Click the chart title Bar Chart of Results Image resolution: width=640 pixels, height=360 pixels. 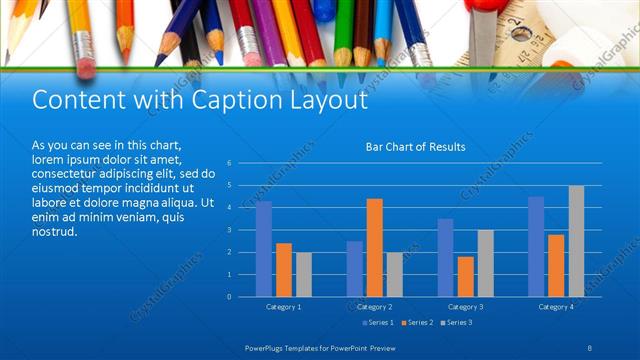tap(415, 147)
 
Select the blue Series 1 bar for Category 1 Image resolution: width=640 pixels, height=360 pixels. tap(264, 249)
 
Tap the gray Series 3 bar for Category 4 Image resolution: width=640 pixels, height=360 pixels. tap(576, 241)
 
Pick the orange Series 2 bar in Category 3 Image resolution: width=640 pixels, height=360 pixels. tap(465, 276)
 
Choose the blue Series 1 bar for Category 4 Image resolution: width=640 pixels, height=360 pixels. tap(536, 246)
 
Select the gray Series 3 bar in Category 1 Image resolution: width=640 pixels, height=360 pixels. tap(304, 274)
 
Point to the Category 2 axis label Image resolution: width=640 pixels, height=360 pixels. tap(374, 306)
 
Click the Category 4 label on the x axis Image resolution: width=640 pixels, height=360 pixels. tap(556, 306)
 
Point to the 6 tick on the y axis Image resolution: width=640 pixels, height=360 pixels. tap(230, 162)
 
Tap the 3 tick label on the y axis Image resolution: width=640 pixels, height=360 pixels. tap(230, 230)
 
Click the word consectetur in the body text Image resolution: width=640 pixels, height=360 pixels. tap(68, 173)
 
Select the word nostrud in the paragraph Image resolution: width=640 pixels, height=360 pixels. tap(54, 232)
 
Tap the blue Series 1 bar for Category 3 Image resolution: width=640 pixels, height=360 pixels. tap(445, 258)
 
